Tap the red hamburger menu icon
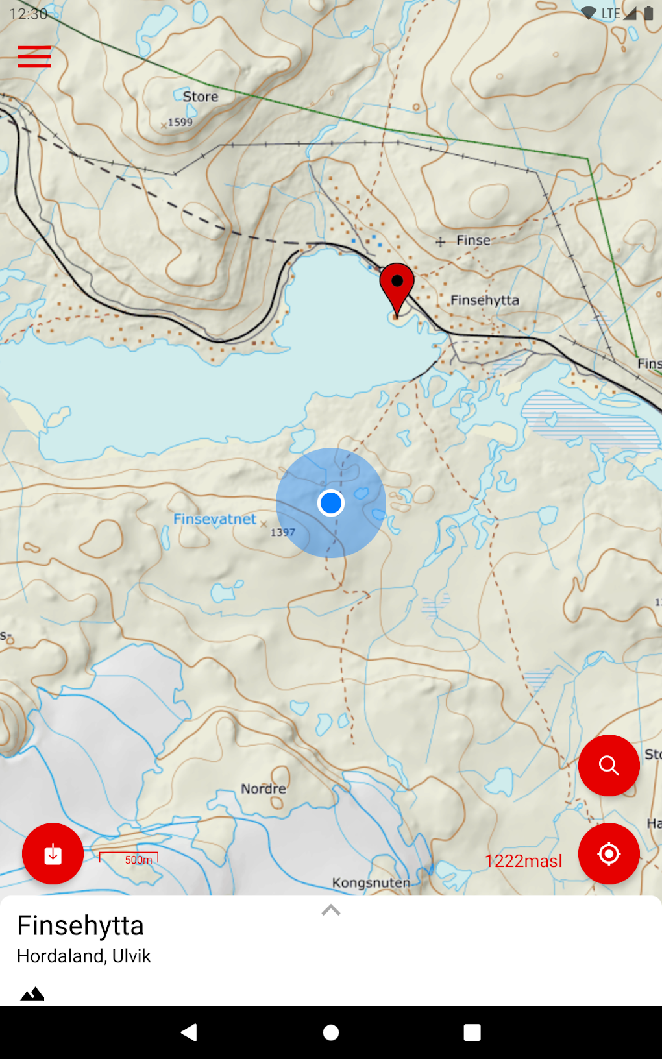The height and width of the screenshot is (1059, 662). (x=34, y=57)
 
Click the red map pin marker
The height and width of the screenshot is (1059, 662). (x=397, y=286)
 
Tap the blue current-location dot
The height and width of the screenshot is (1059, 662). (x=331, y=503)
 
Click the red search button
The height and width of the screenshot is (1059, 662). (x=609, y=766)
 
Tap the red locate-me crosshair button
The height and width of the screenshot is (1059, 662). (x=609, y=854)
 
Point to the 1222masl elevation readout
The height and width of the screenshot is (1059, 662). (x=523, y=861)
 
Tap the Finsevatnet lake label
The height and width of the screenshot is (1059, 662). (x=214, y=519)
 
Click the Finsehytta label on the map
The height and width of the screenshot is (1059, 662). (x=485, y=300)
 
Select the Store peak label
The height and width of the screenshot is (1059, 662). (x=200, y=97)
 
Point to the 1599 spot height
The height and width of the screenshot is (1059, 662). (x=180, y=122)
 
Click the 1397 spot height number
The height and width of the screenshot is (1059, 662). (x=283, y=532)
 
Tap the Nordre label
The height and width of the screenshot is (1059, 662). (x=264, y=789)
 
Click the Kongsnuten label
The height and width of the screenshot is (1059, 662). (x=371, y=882)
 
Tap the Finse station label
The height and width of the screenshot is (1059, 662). (x=473, y=240)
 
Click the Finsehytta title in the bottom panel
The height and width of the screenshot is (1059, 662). (x=80, y=926)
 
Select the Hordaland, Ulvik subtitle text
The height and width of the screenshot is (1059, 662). (x=84, y=956)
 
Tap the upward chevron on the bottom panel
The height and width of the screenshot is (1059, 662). (x=331, y=910)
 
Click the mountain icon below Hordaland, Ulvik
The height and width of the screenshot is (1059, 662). (x=32, y=993)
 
